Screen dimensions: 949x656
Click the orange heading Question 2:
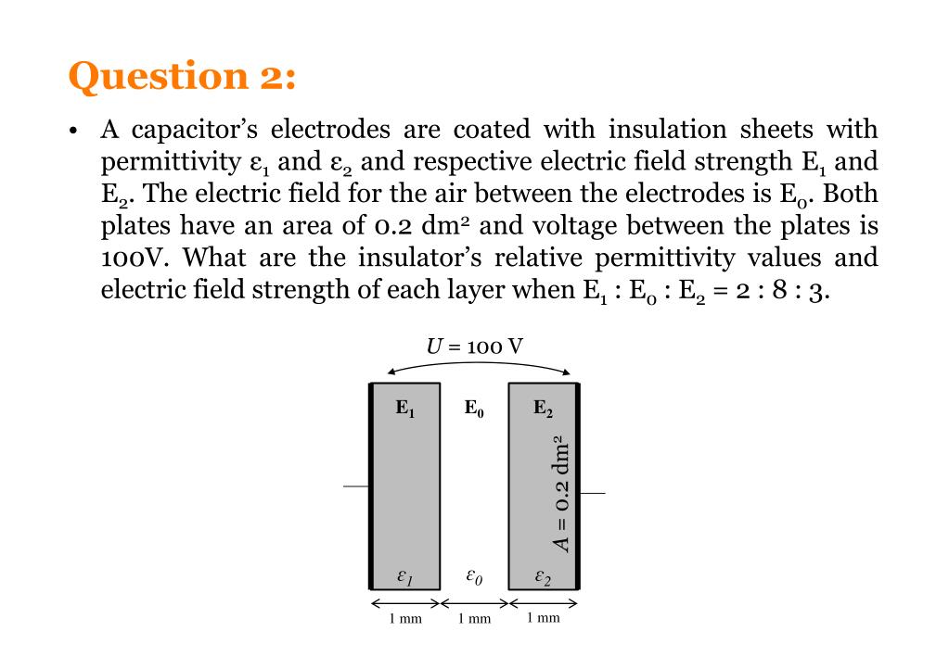(182, 76)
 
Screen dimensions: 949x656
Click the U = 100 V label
(474, 347)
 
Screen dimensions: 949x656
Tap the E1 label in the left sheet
(405, 408)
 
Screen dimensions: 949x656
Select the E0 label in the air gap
(474, 408)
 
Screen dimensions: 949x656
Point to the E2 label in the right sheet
(543, 408)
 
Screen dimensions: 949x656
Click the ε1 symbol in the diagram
(404, 578)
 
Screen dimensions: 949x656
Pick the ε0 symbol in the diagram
(473, 578)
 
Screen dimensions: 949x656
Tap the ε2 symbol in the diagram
(543, 578)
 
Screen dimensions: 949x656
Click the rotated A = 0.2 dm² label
(562, 492)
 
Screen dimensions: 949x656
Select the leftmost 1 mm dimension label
(405, 618)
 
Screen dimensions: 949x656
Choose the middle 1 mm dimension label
(474, 618)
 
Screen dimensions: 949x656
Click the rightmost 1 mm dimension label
(543, 618)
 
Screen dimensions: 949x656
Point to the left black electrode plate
(372, 486)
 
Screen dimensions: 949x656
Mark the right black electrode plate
(577, 486)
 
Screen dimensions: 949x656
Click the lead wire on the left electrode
(355, 486)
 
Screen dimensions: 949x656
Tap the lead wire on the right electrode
(592, 493)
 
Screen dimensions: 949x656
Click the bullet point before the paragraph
(74, 131)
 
